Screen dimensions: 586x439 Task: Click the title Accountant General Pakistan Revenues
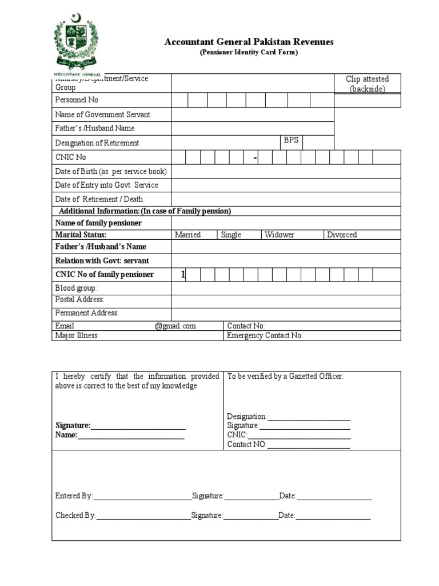coord(249,42)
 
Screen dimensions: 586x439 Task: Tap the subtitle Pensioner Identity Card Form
coord(249,53)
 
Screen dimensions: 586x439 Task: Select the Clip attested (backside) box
coord(367,84)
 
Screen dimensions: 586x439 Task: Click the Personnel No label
coord(77,100)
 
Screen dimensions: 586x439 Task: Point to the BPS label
coord(291,140)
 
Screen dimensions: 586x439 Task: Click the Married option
coord(187,235)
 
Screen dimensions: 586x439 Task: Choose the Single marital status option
coord(231,235)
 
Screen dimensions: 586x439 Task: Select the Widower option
coord(280,235)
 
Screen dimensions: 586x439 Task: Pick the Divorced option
coord(342,235)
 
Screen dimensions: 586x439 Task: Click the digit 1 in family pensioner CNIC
coord(183,275)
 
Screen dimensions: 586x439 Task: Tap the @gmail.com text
coord(175,326)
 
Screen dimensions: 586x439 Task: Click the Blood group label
coord(76,288)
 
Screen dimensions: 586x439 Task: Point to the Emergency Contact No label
coord(265,336)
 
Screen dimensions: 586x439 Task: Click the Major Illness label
coord(76,336)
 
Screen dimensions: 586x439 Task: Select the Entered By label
coord(74,496)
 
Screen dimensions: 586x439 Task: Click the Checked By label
coord(75,516)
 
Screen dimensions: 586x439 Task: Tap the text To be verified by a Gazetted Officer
coord(285,377)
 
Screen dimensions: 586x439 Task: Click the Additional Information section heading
coord(145,211)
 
